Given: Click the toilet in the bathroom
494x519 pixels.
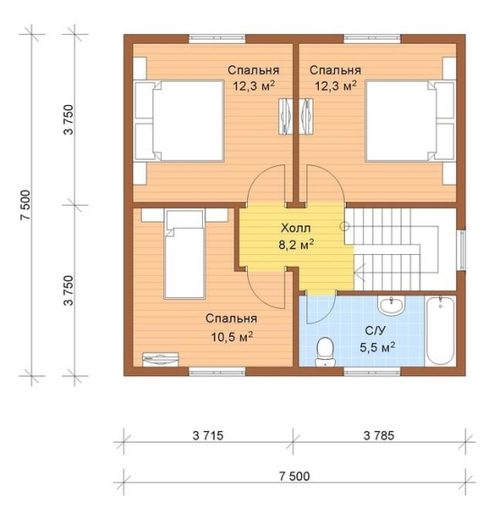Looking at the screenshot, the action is (325, 351).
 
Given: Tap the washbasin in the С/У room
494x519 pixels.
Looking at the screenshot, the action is (392, 304).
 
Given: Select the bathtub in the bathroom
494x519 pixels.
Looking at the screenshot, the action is (440, 330).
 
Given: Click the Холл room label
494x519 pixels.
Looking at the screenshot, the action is (296, 228).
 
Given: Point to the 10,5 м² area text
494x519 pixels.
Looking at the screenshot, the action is (232, 337).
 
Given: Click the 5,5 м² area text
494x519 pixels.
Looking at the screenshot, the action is (377, 347).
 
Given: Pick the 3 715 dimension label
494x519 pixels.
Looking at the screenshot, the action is (208, 435).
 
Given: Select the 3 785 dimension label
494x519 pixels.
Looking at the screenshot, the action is (379, 435).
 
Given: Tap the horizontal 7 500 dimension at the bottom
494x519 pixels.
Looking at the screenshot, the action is (295, 476).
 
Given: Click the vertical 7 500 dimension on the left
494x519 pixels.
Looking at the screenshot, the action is (25, 205).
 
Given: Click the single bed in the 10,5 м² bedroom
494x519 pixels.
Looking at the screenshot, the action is (184, 254).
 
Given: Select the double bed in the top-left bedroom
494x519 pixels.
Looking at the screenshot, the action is (179, 121).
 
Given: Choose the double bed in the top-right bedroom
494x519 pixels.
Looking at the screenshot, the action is (410, 121).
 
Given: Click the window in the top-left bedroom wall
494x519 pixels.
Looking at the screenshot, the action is (216, 39).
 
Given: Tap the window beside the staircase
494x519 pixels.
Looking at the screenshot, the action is (463, 250).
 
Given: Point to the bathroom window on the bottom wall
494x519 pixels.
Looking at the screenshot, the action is (372, 372).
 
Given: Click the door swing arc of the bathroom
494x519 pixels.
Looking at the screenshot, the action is (328, 315).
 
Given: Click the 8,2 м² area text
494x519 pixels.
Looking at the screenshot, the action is (296, 244).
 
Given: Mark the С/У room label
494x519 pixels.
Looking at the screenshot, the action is (375, 330).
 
